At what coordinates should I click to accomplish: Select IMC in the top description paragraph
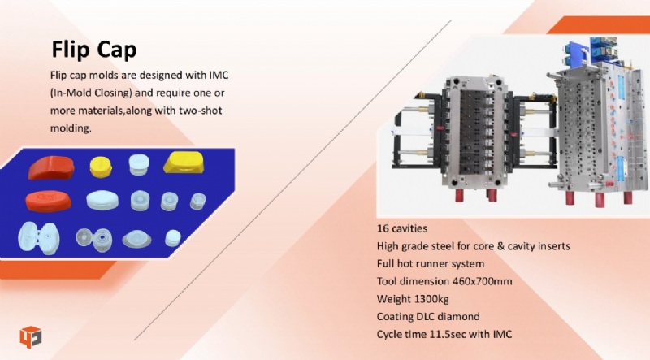[219, 75]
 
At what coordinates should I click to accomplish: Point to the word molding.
[71, 128]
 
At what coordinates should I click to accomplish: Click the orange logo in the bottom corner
[30, 336]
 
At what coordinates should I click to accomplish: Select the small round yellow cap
[101, 167]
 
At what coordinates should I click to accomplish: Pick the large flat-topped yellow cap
[184, 163]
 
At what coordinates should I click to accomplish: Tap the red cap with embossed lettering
[48, 202]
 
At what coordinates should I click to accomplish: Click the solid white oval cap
[102, 201]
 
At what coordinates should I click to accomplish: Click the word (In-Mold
[71, 93]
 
